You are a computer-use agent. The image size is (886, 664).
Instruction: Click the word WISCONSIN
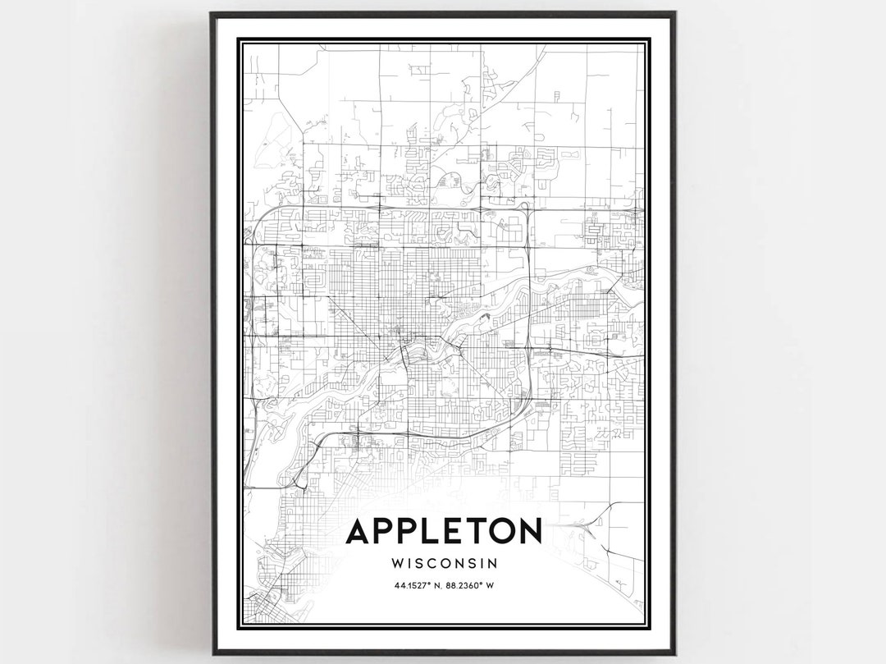pos(444,564)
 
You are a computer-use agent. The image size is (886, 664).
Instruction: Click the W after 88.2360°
pos(490,586)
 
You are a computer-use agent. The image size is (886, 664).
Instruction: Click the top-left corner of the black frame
pos(212,14)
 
